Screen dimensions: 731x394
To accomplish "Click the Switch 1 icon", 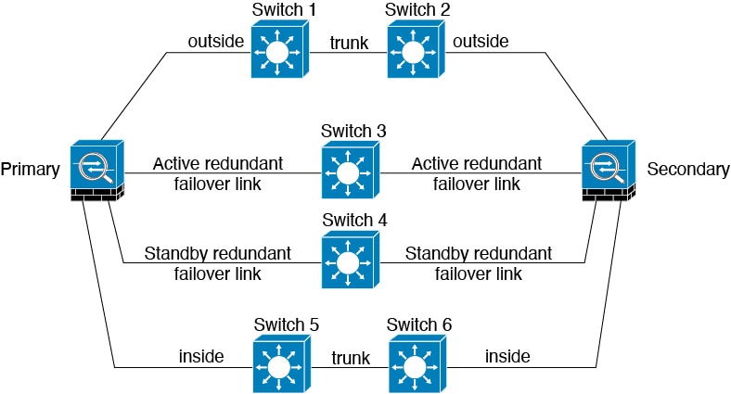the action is pos(280,51).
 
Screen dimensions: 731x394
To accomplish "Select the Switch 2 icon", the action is pos(416,51).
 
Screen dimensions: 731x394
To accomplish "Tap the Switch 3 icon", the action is pos(351,171).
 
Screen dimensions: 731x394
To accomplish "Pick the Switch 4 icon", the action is pos(351,260).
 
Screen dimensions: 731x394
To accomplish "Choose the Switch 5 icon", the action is pos(282,364).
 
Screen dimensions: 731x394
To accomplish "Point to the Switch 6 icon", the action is pos(417,364).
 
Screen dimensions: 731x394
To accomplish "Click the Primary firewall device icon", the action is pos(97,171).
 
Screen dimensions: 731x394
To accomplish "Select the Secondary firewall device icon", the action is pos(609,171).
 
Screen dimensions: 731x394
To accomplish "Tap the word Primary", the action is pos(31,170).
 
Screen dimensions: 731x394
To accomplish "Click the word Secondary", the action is pos(688,169).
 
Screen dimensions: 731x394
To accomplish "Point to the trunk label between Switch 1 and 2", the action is pos(349,43).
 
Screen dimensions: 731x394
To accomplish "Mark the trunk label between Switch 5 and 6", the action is pos(351,358).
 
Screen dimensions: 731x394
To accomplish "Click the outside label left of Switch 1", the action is pos(216,41).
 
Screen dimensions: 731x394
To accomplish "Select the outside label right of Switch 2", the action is pos(481,41).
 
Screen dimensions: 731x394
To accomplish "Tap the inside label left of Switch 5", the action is pos(201,356).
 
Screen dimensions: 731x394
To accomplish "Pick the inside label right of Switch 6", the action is pos(507,356).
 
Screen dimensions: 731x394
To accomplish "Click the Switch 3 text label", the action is pos(353,131).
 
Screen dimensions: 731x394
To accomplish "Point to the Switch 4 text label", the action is pos(354,220).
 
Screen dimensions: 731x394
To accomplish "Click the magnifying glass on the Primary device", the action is pos(96,168).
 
